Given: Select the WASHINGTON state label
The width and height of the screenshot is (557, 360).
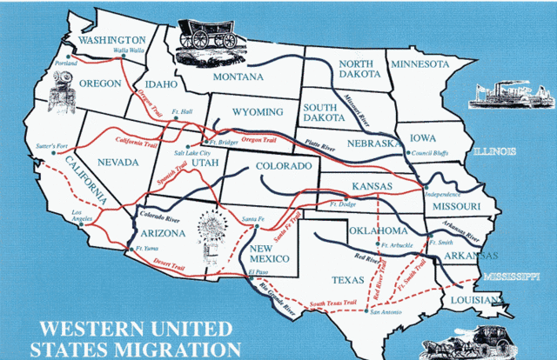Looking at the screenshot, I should coord(112,40).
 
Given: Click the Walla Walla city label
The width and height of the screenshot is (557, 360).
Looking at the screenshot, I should coord(131,50).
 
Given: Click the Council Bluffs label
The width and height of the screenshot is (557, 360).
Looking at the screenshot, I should coord(433,153).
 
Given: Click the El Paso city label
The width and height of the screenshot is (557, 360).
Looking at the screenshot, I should coord(258,272).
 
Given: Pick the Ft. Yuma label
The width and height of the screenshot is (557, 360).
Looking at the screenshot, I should coord(142,248).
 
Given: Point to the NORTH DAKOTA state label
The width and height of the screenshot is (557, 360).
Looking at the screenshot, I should coord(357,70).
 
